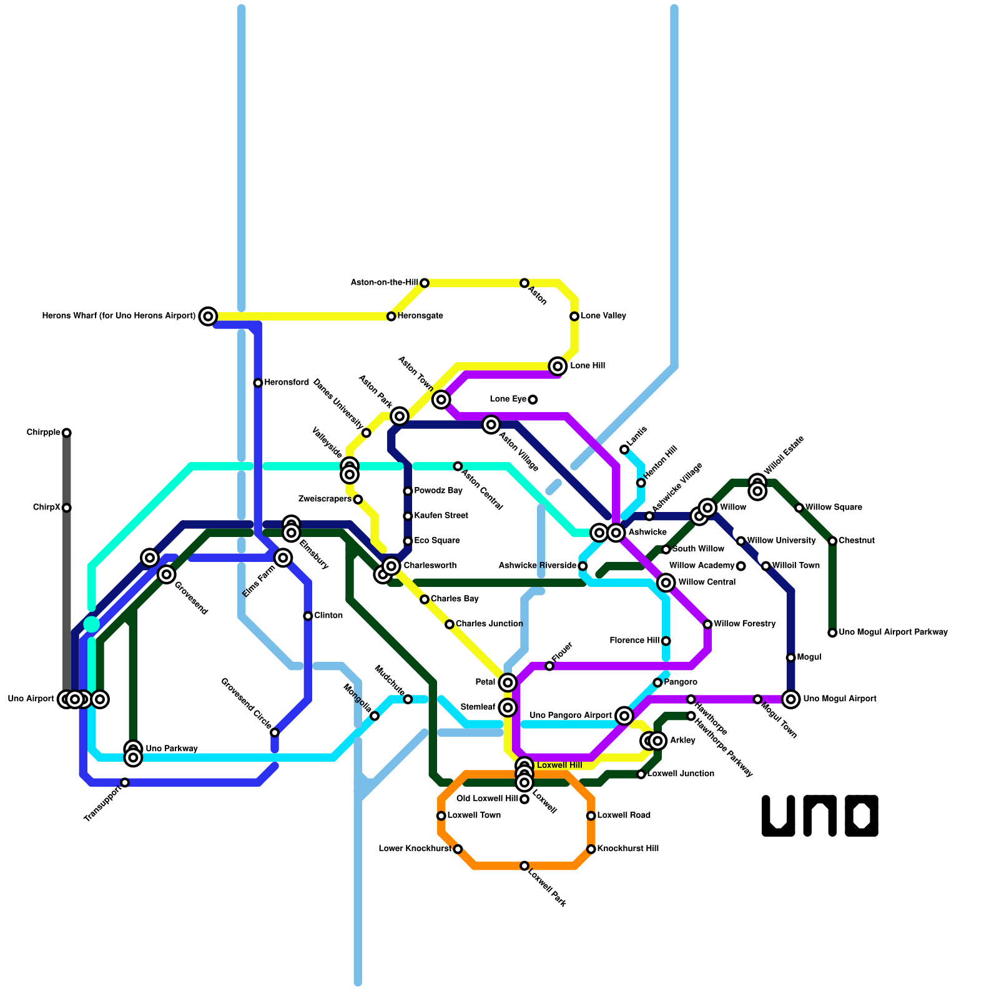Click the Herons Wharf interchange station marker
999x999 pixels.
(x=208, y=316)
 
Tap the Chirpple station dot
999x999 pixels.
(x=67, y=433)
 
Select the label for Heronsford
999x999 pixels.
(x=286, y=383)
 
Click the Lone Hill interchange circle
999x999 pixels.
(x=558, y=366)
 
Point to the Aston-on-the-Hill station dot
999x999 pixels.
(x=425, y=283)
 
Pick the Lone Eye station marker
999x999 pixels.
(x=533, y=400)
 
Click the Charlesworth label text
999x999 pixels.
(x=430, y=566)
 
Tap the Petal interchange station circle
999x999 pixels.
(x=508, y=682)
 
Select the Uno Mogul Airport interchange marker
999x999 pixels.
(x=791, y=699)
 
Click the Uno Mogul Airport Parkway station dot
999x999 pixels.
(x=832, y=633)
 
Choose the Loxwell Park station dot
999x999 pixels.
(x=524, y=865)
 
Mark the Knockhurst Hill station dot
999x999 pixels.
(x=591, y=849)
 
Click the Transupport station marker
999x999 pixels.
(x=125, y=782)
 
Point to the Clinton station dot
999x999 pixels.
(x=308, y=616)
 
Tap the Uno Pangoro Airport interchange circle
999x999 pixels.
(x=624, y=716)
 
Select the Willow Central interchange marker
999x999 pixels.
(x=666, y=583)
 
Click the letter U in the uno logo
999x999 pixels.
(x=778, y=815)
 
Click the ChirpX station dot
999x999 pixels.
(x=67, y=508)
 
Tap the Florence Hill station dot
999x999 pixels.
(x=666, y=641)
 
